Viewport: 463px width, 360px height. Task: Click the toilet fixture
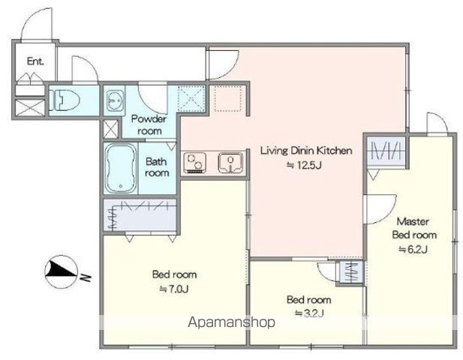65,100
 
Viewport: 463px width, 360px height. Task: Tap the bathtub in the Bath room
121,168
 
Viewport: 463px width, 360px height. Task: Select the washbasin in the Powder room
115,100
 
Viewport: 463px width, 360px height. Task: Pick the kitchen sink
231,163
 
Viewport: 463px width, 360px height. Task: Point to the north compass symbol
62,271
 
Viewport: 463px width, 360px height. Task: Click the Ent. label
35,61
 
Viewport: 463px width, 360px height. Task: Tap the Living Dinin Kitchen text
306,151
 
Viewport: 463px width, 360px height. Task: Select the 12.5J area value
304,165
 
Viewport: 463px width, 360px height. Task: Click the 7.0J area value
173,289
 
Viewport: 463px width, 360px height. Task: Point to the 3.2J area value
309,313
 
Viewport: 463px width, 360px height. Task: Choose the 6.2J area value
413,250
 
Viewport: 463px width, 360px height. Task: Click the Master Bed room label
414,228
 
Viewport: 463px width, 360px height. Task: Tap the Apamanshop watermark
231,322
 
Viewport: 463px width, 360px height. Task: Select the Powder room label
149,124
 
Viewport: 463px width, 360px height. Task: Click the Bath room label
157,167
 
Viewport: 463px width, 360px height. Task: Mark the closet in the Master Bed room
386,151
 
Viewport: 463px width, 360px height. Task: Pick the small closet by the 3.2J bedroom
351,272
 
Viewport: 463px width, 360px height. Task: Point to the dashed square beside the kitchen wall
228,98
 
